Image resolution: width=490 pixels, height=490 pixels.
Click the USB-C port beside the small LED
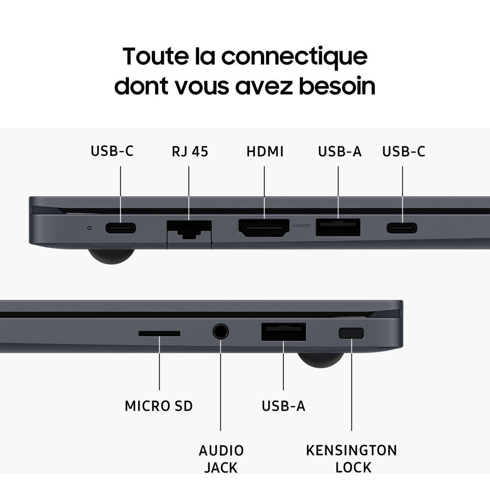tap(120, 228)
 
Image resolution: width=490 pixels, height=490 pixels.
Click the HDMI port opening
tap(264, 228)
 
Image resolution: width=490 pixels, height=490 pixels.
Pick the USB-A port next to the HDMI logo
tap(338, 227)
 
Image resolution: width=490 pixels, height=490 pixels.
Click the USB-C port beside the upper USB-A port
tap(402, 228)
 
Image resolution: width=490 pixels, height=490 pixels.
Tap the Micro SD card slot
tap(159, 334)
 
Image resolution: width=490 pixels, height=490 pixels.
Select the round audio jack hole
tap(220, 331)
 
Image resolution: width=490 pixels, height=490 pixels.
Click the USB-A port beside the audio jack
tap(283, 332)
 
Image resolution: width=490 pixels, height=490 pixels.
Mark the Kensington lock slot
tap(351, 333)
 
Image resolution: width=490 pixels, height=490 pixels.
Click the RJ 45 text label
tap(189, 151)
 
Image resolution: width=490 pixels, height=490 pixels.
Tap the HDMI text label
tap(265, 151)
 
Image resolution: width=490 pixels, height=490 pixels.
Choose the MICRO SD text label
tap(158, 406)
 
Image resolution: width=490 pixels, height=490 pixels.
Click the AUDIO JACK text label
tap(221, 459)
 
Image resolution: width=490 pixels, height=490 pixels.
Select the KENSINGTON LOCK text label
tap(352, 459)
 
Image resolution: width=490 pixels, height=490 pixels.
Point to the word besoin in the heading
tap(337, 86)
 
